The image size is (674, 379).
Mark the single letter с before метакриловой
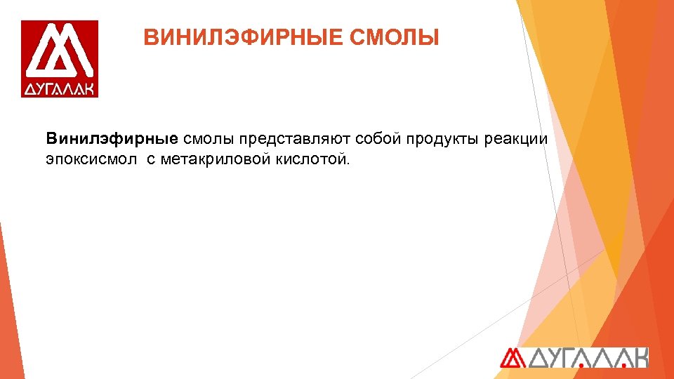[x=151, y=159]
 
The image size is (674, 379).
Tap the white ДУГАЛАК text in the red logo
[x=60, y=89]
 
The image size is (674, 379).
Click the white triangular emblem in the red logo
[x=60, y=53]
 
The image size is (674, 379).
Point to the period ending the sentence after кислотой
[x=345, y=164]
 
